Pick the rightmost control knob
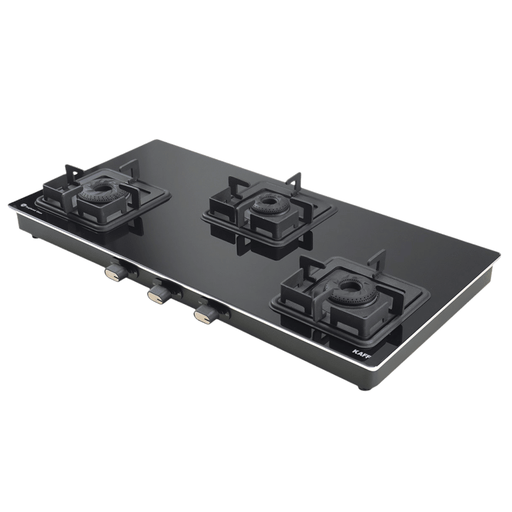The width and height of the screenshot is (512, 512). (204, 314)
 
